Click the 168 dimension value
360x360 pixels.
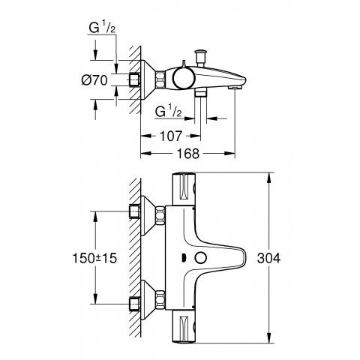point(188,154)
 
